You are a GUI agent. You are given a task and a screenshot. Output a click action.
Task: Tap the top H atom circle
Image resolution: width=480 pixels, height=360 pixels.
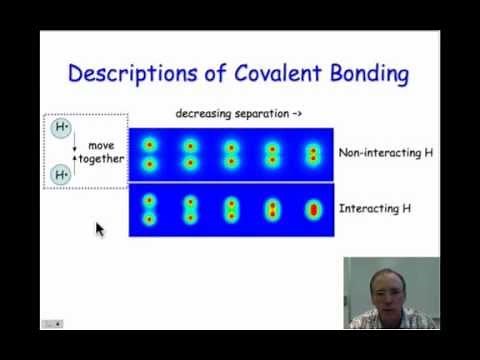point(62,130)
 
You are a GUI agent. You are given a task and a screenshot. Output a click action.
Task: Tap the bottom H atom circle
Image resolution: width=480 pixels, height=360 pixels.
point(62,174)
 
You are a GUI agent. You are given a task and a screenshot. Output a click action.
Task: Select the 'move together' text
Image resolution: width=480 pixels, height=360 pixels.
point(101,152)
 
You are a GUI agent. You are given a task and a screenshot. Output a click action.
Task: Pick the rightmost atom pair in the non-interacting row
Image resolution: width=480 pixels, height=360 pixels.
point(312,154)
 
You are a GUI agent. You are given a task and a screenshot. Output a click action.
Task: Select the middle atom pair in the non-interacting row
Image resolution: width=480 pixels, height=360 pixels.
point(231,154)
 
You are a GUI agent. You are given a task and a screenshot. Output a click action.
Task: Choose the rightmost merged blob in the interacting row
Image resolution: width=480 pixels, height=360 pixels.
point(312,210)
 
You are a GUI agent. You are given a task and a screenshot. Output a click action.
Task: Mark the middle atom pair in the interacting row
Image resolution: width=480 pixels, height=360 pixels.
point(231,209)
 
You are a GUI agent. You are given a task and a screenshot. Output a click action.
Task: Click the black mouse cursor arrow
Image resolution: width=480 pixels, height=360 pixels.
point(99,229)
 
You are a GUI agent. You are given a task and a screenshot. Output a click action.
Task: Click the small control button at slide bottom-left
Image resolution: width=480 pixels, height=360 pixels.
point(51,323)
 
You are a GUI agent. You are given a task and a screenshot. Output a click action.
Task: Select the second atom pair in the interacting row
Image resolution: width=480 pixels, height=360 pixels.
point(190,209)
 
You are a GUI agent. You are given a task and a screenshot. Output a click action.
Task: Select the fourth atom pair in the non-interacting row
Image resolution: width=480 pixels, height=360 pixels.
point(272,154)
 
